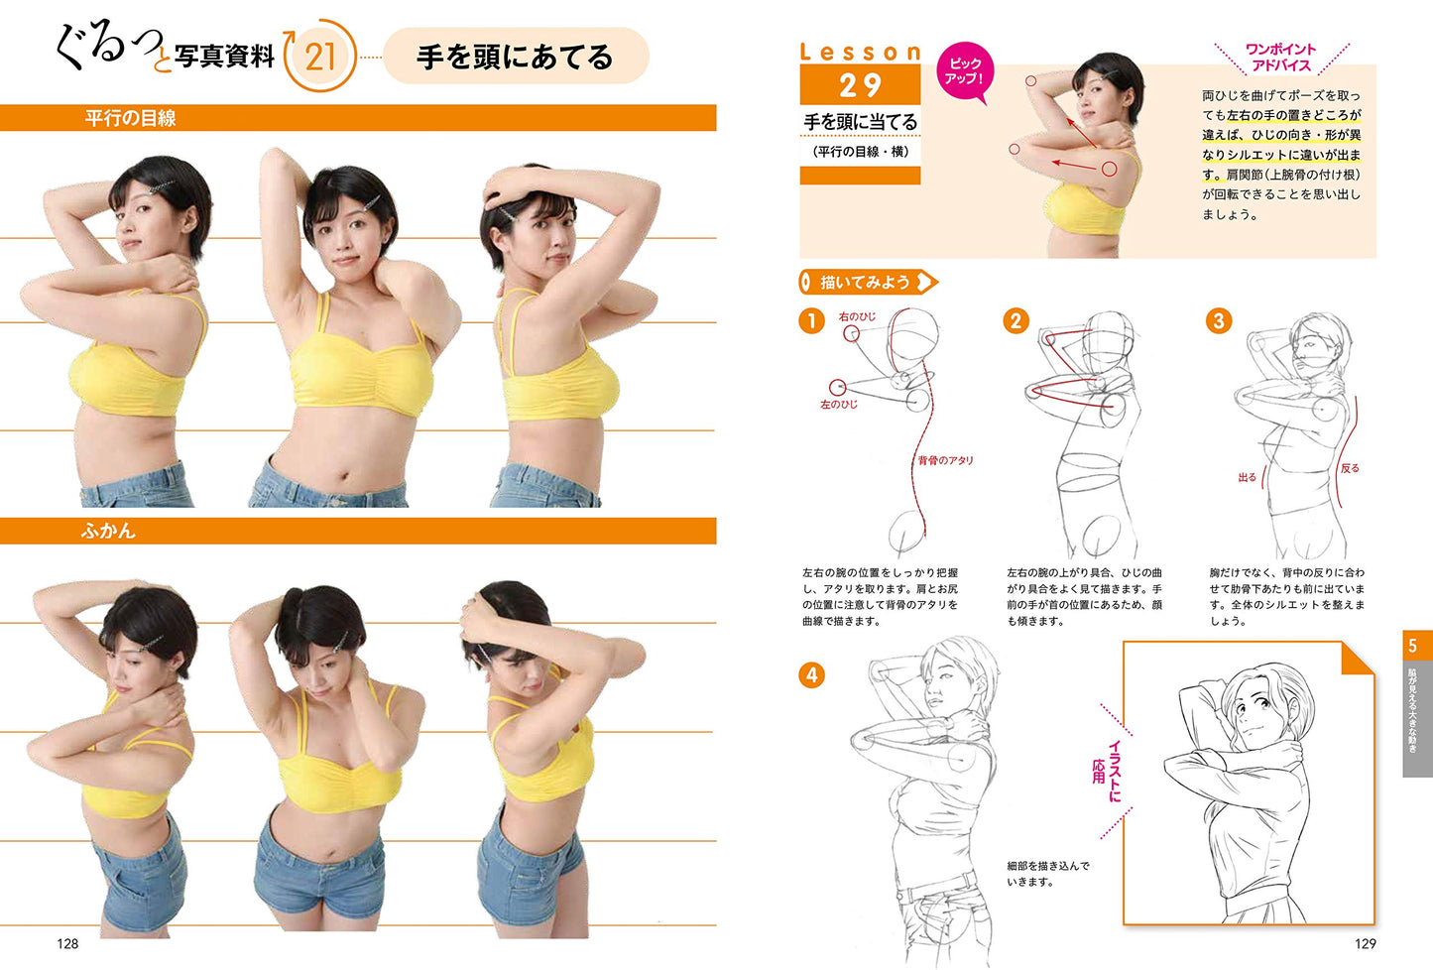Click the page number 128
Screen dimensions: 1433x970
click(67, 943)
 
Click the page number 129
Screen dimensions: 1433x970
click(1366, 943)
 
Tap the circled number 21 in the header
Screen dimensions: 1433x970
click(320, 57)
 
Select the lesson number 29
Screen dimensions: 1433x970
click(860, 85)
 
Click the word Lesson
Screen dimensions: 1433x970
click(861, 52)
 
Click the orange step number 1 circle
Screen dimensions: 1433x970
click(812, 320)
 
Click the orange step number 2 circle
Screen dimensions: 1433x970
click(1015, 320)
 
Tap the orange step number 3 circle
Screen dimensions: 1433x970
click(1219, 320)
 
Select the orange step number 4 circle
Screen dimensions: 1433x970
click(812, 675)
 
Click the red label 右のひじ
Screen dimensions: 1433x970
click(857, 316)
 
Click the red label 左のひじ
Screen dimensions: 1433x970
click(839, 405)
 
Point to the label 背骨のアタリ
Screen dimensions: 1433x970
click(945, 460)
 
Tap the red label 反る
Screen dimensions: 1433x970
click(1350, 468)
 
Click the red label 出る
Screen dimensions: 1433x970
click(1247, 477)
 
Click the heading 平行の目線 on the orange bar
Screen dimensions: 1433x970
click(131, 118)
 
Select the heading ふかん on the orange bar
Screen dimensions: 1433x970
click(108, 531)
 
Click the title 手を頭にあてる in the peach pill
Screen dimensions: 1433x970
click(515, 57)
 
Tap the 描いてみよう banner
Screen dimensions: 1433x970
click(868, 282)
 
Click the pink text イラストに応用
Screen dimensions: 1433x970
click(1107, 771)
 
